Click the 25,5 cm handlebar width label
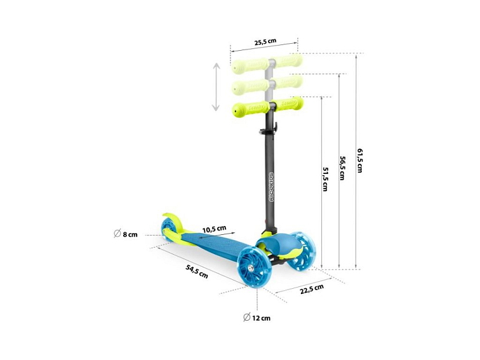(265, 41)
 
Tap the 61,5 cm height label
(360, 161)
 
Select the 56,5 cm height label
(342, 168)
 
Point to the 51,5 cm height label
(325, 179)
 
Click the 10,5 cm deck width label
(215, 229)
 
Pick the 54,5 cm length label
(197, 271)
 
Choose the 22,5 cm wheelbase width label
(312, 290)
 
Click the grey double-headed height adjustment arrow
(216, 87)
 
